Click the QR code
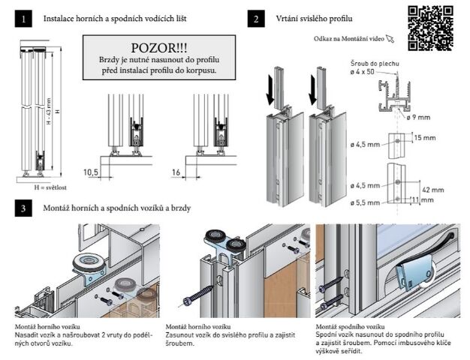pyautogui.click(x=430, y=27)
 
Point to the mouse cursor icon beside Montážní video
pyautogui.click(x=390, y=37)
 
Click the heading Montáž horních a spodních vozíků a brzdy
pyautogui.click(x=122, y=206)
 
